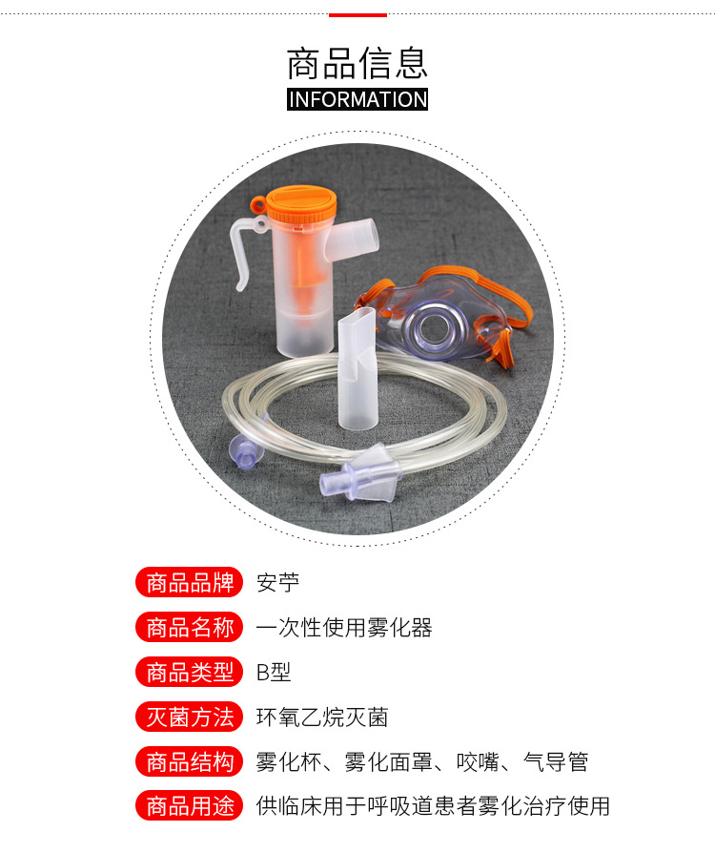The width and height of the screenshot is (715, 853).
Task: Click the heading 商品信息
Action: pos(357,62)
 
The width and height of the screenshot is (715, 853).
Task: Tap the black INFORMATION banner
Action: pos(357,99)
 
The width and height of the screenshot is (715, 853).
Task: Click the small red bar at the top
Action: pos(357,15)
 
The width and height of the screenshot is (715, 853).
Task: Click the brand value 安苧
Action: pos(277,582)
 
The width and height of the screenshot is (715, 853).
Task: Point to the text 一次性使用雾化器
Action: pos(344,627)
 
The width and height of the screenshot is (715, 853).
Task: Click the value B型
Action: pos(274,672)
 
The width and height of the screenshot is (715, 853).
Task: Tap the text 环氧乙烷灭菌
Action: pos(322,717)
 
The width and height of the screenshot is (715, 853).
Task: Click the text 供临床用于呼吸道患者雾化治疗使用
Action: pos(433,806)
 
